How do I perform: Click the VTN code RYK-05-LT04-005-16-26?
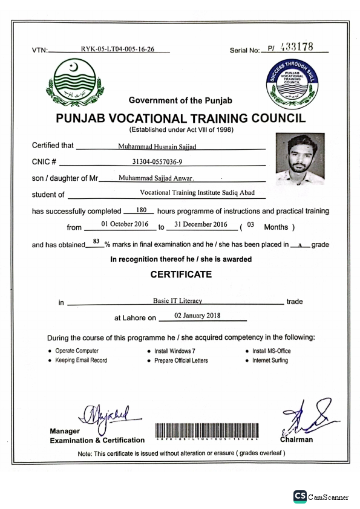coord(117,50)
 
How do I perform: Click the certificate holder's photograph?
coord(299,159)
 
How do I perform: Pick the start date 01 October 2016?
coord(125,224)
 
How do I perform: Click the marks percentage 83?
coord(96,241)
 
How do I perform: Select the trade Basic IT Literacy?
coord(178,300)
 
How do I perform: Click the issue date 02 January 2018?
coord(197,316)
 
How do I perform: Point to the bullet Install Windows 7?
coord(174,351)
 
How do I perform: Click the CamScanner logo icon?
coord(299,496)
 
